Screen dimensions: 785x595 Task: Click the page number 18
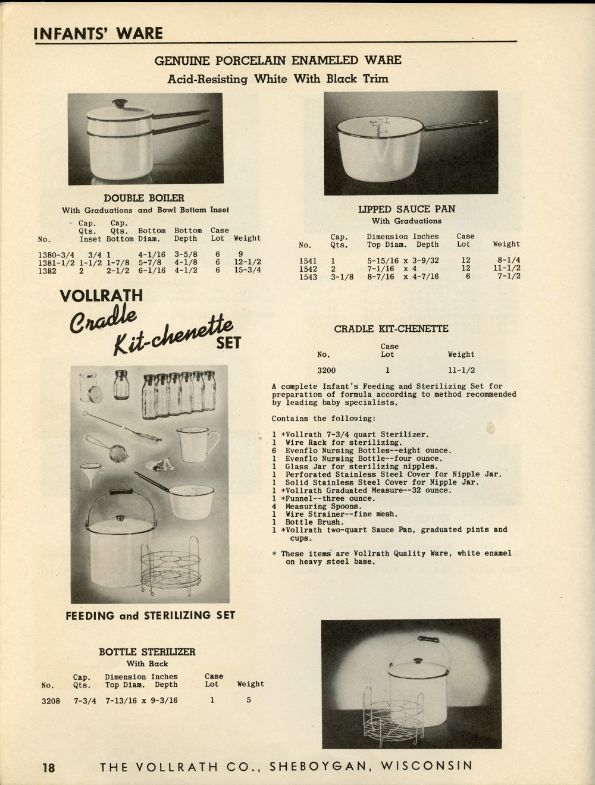(x=48, y=767)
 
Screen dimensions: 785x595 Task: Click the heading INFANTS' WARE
(x=98, y=33)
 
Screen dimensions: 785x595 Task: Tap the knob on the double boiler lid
(x=121, y=104)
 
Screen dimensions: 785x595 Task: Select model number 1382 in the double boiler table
(x=48, y=271)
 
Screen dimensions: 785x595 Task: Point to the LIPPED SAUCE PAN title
(x=406, y=209)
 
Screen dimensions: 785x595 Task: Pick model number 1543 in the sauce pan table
(x=308, y=277)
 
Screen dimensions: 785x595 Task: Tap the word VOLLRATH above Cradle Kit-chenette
(x=101, y=296)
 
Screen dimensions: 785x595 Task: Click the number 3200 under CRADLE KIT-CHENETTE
(x=326, y=370)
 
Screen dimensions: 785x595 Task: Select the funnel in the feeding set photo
(x=91, y=473)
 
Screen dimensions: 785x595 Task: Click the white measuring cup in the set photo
(x=196, y=443)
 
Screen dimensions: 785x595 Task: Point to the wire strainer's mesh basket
(x=118, y=454)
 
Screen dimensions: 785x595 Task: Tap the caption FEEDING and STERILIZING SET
(x=151, y=616)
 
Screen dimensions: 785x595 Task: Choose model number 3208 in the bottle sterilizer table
(x=51, y=701)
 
